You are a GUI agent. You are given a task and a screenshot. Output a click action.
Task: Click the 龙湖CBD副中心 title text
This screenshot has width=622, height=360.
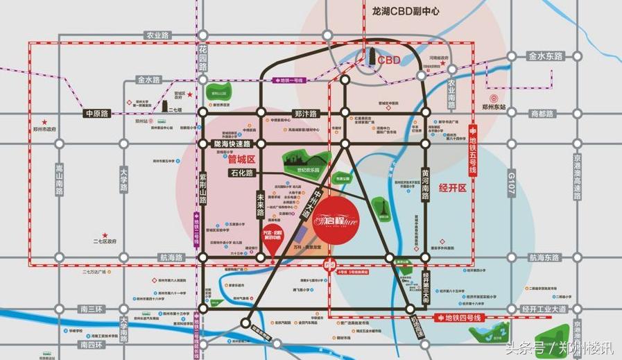(x=401, y=12)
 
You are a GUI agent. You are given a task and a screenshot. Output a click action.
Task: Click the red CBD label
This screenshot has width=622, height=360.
(x=389, y=60)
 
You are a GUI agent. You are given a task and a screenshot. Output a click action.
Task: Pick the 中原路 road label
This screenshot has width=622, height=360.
(x=98, y=113)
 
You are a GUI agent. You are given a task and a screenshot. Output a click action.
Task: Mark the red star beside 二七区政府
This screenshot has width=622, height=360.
(x=105, y=235)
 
